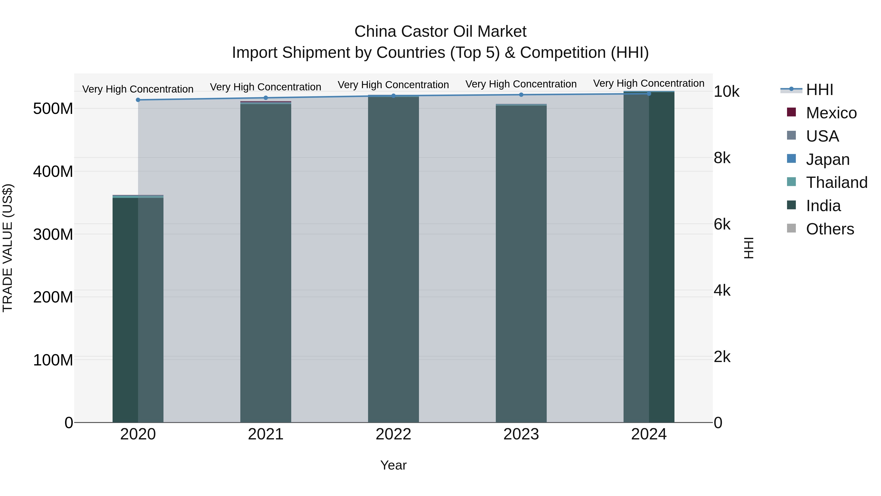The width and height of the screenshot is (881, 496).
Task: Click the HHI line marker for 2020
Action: click(138, 100)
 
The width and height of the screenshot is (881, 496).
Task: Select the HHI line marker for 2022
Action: click(393, 96)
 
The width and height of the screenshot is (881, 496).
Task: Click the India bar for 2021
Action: click(266, 264)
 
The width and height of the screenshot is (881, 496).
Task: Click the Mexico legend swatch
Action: click(791, 112)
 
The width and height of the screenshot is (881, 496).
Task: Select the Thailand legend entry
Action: click(836, 182)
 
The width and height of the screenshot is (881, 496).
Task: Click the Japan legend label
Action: click(828, 159)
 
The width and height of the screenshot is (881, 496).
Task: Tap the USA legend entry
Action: click(822, 136)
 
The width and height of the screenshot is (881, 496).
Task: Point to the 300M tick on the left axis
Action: click(53, 234)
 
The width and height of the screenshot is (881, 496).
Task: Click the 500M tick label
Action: click(53, 109)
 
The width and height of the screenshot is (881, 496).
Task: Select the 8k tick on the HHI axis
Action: click(722, 158)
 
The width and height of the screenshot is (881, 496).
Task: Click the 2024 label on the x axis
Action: click(649, 434)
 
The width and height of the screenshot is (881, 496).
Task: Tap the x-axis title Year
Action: click(393, 465)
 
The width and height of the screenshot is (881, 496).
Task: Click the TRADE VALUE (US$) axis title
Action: click(8, 248)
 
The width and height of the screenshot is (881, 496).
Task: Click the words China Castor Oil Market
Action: click(440, 32)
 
